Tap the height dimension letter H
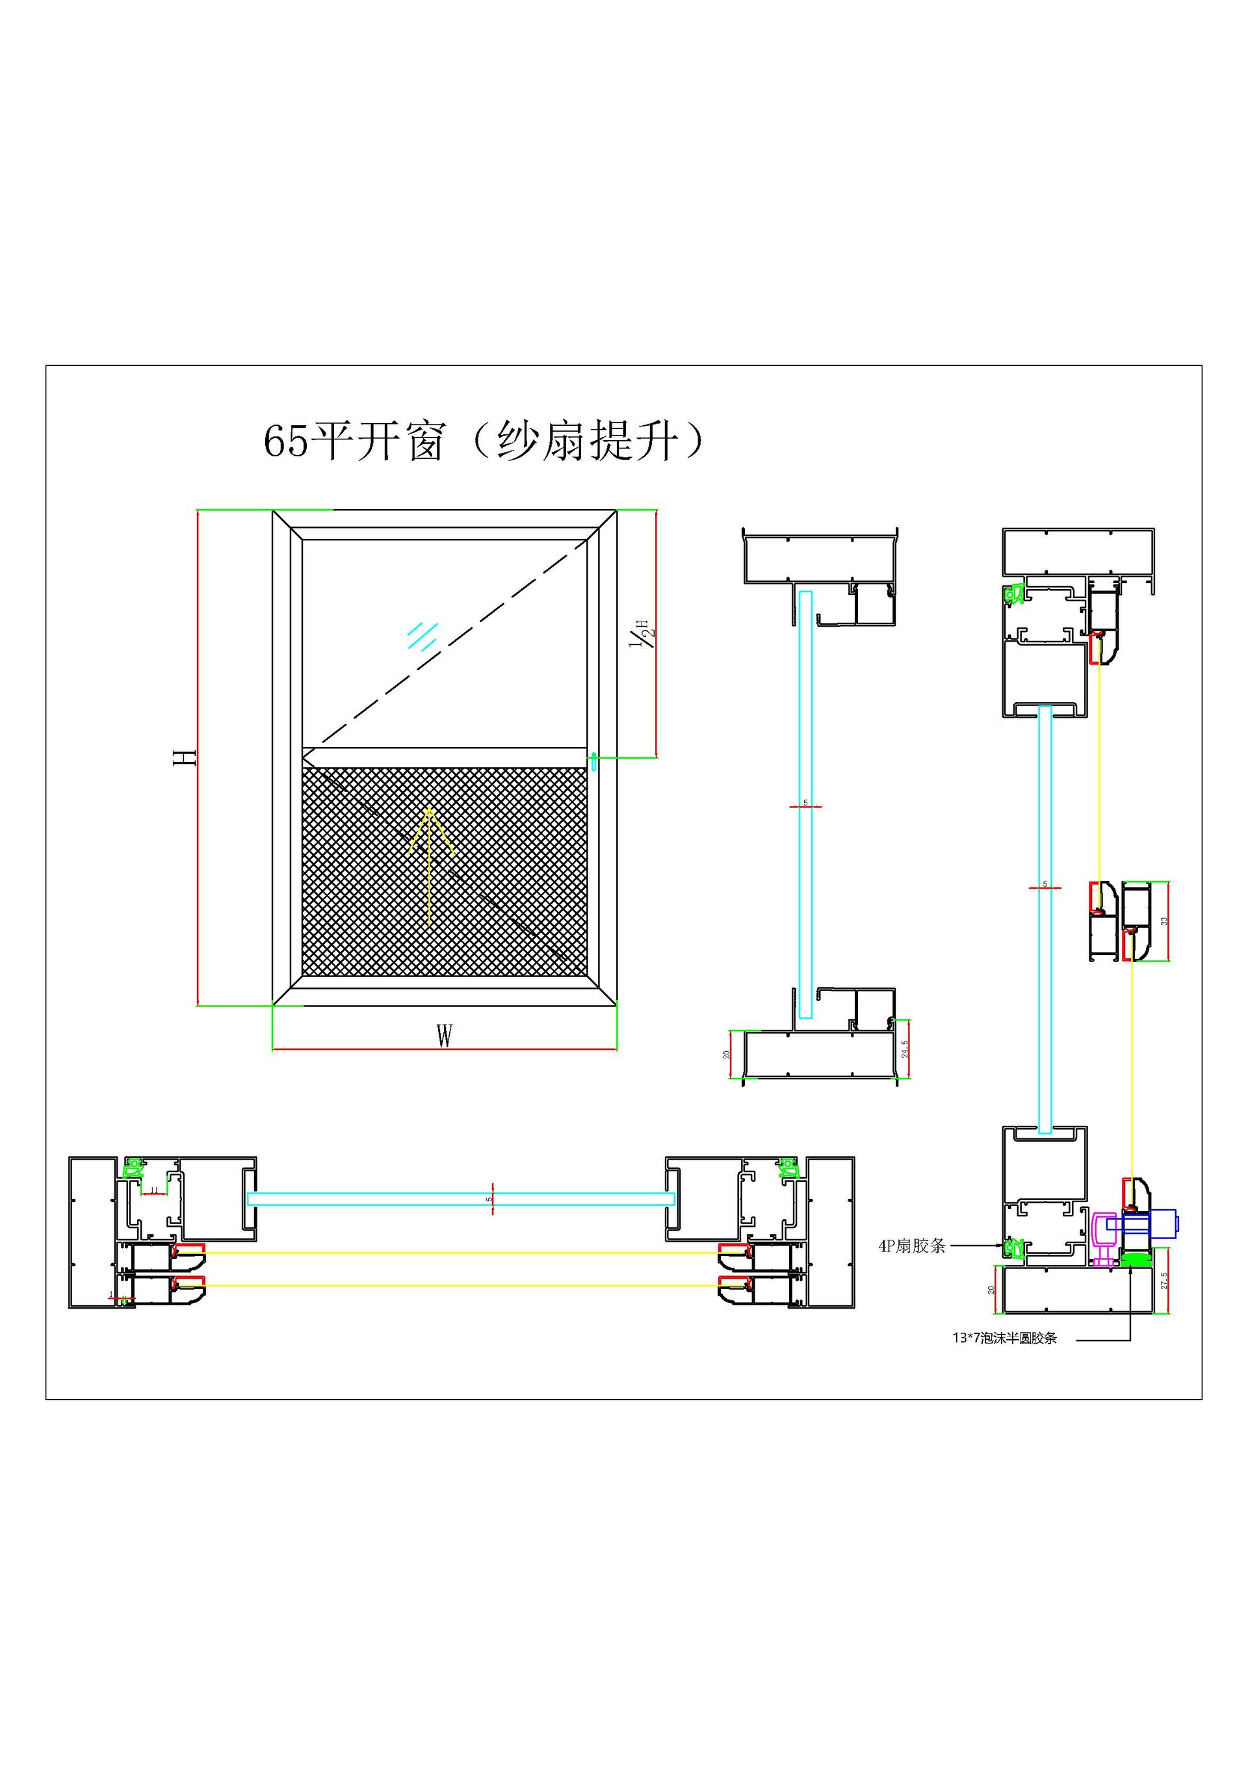coord(185,757)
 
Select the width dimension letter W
coord(444,1036)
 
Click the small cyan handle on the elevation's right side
coord(593,762)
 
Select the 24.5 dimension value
coord(905,1049)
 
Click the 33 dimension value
coord(1163,921)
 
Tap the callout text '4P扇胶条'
coord(911,1246)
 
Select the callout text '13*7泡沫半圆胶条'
coord(1004,1339)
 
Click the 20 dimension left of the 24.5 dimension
coord(727,1054)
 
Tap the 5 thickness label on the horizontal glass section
coord(489,1199)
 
